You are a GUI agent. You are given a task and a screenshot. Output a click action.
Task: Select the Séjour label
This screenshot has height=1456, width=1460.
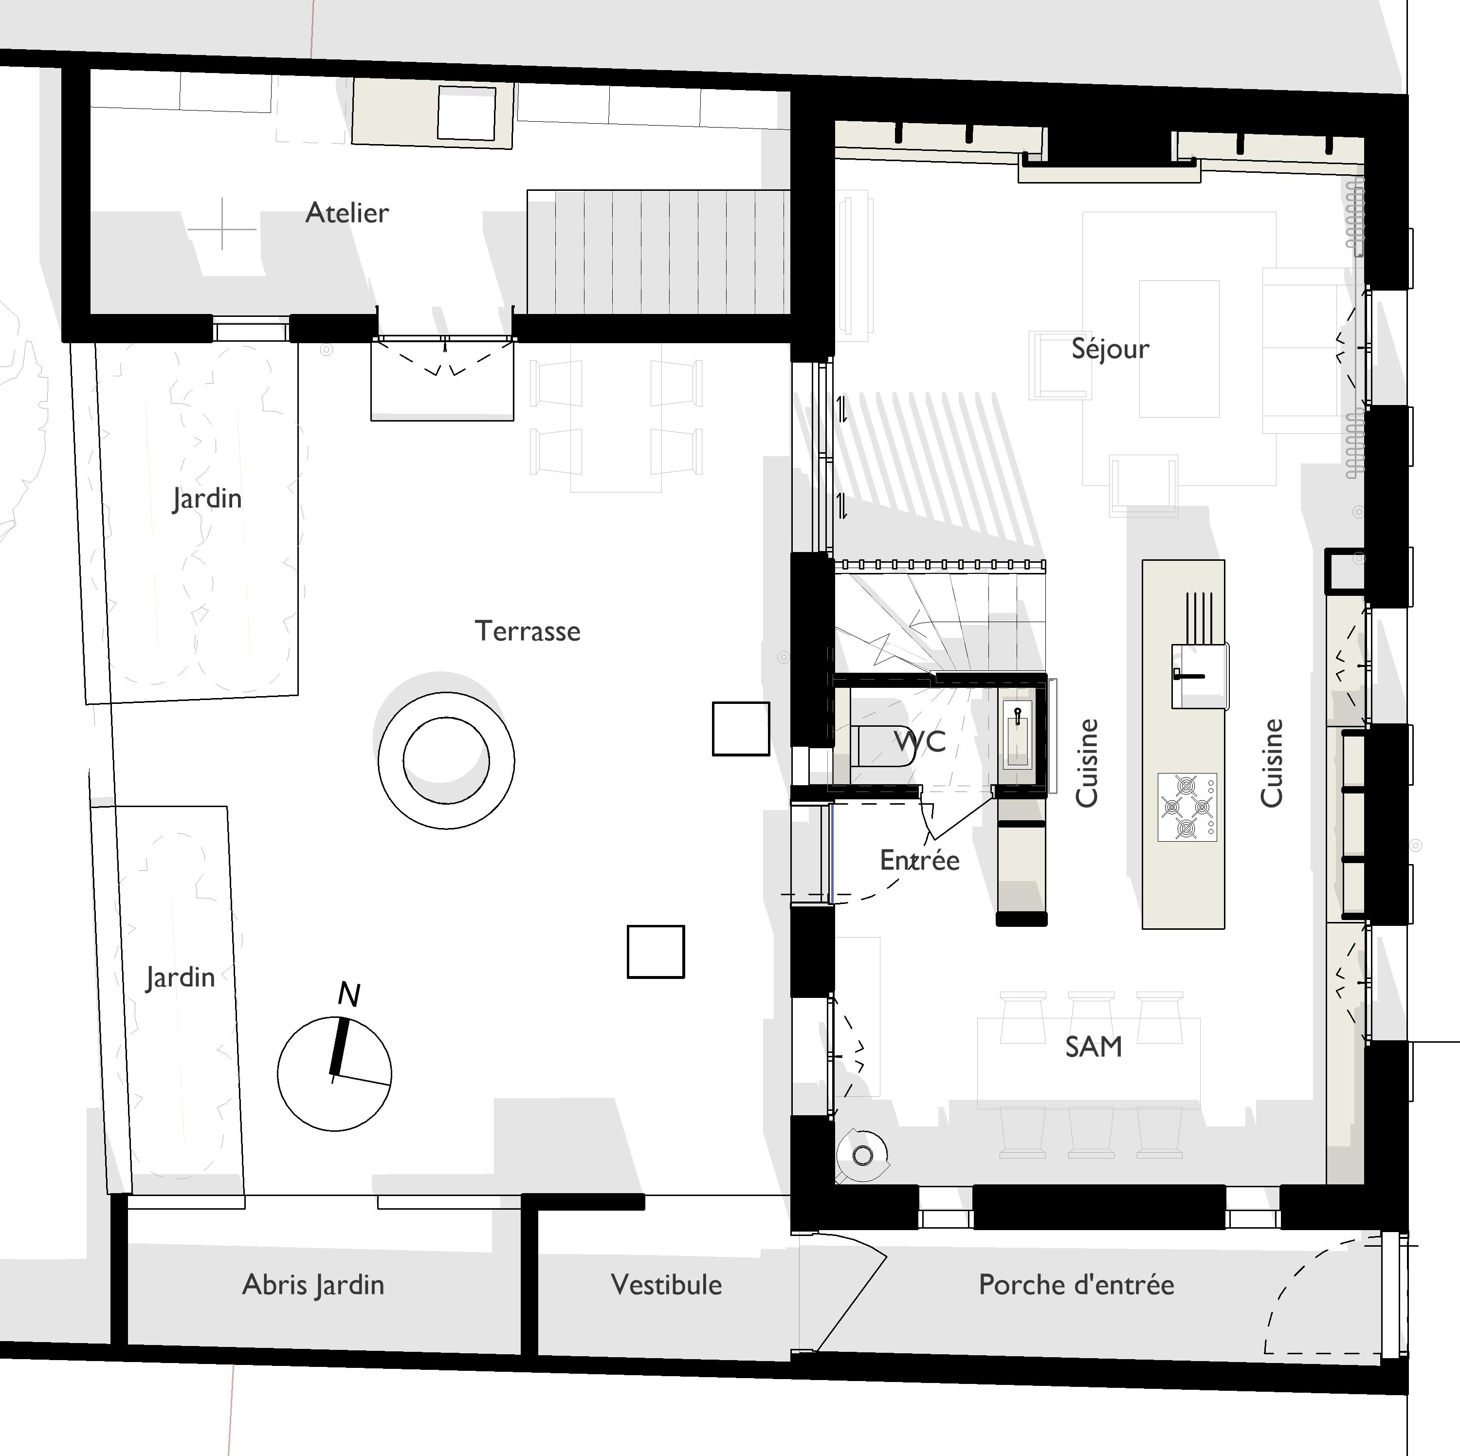pyautogui.click(x=1110, y=349)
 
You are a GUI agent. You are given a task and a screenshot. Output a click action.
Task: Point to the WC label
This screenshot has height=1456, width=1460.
pyautogui.click(x=920, y=741)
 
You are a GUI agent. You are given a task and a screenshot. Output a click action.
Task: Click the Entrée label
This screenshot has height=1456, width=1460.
pyautogui.click(x=920, y=860)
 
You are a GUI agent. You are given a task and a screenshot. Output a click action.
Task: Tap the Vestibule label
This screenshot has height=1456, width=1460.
pyautogui.click(x=666, y=1284)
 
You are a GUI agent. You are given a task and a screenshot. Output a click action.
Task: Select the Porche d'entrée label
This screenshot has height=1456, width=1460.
pyautogui.click(x=1076, y=1284)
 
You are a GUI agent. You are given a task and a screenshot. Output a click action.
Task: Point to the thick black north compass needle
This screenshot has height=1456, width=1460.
pyautogui.click(x=339, y=1047)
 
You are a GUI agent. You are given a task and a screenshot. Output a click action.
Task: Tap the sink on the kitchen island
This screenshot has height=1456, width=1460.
pyautogui.click(x=1199, y=676)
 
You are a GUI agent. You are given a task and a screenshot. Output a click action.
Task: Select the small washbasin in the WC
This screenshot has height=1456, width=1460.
pyautogui.click(x=1017, y=733)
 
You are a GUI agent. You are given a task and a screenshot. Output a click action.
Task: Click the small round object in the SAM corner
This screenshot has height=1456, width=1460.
pyautogui.click(x=863, y=1155)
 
